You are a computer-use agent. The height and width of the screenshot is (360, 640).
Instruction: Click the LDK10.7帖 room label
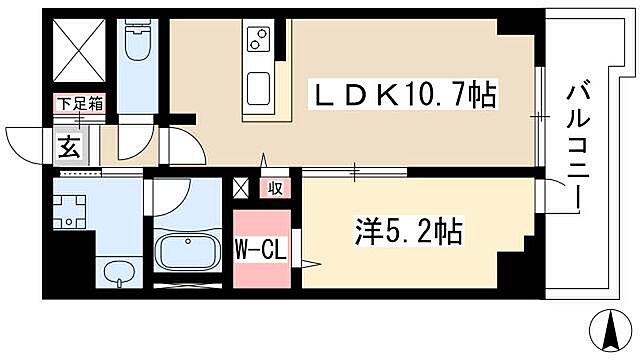point(406,97)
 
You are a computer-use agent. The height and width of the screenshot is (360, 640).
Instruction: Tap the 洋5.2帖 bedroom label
point(405,232)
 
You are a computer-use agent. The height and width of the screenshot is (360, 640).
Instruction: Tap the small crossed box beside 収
point(241,187)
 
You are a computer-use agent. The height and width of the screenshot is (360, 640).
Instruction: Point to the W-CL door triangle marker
point(310,263)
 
